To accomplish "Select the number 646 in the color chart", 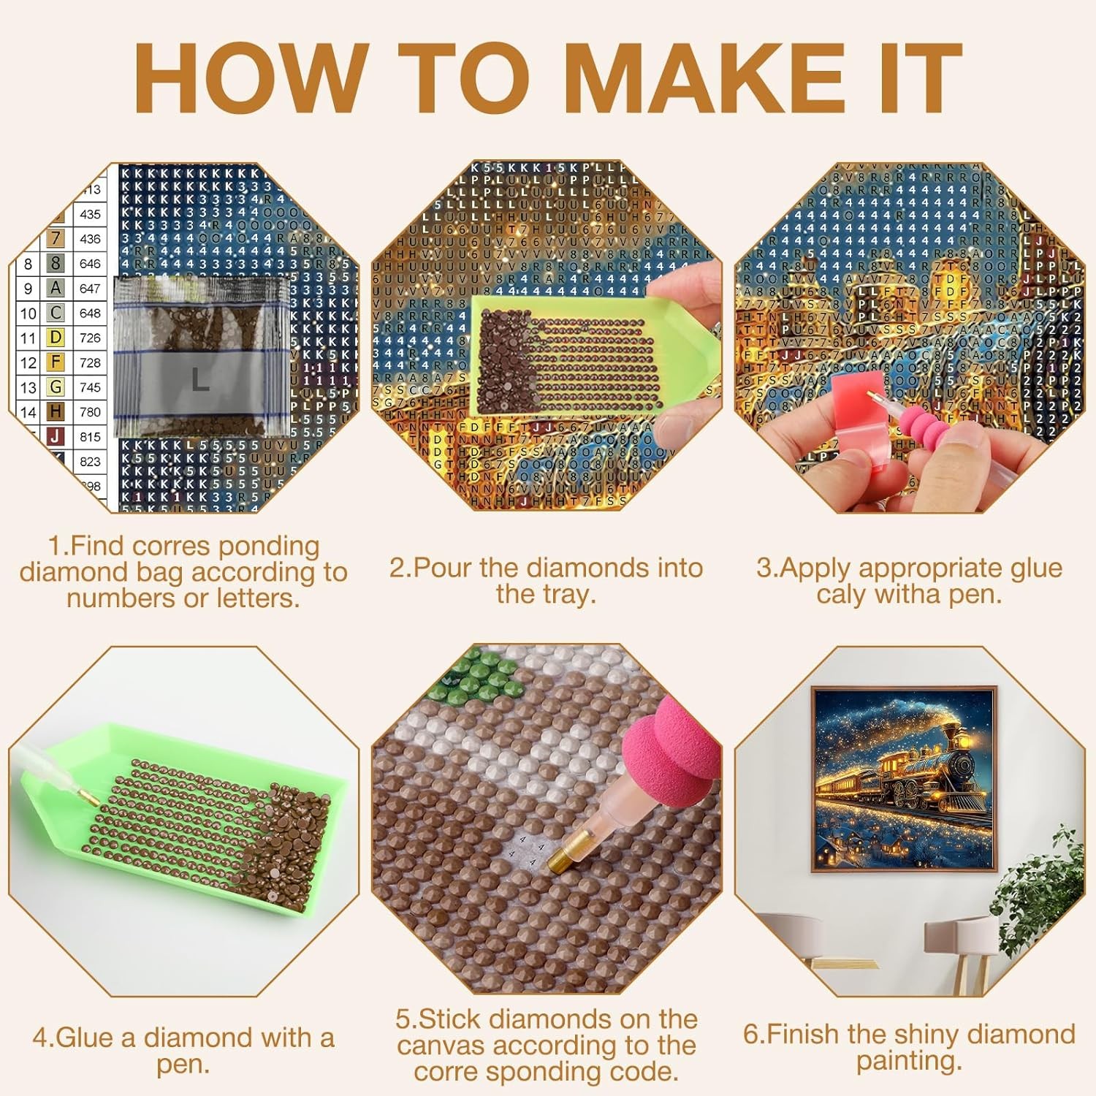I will pos(90,264).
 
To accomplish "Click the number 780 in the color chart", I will pos(90,412).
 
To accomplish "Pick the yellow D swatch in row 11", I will pos(56,338).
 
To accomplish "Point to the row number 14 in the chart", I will pos(28,412).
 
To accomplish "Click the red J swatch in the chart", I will pos(56,437).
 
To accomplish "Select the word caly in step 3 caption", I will pos(842,594).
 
